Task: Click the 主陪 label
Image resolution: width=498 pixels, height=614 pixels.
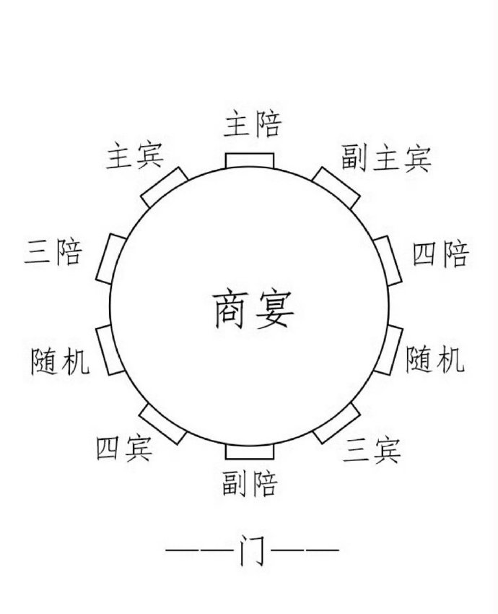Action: point(253,124)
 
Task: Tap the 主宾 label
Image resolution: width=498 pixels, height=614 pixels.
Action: point(135,155)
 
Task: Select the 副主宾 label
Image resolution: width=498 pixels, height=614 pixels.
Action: point(386,158)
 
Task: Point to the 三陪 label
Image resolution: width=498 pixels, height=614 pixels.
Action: point(53,251)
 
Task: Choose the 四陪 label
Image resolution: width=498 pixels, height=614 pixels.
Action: point(441,254)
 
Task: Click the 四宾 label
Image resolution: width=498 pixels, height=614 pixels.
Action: point(124,448)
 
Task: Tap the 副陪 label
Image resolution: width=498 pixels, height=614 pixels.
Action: point(250,483)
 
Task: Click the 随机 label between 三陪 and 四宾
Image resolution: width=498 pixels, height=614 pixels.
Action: point(60,360)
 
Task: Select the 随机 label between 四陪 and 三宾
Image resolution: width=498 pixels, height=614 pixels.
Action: point(435,359)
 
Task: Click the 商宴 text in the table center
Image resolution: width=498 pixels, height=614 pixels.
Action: point(254,310)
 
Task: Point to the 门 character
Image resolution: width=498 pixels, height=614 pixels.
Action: point(253,550)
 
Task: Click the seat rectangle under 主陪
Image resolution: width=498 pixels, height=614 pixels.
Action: point(250,160)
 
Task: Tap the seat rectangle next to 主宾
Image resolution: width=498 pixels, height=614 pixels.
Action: point(165,188)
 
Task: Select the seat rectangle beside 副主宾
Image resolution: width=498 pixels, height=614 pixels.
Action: point(336,188)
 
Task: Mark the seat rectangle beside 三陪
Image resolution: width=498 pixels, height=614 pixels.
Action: point(111,259)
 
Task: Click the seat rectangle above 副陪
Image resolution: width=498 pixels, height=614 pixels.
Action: point(250,451)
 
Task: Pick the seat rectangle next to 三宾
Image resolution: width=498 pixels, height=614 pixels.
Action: point(336,423)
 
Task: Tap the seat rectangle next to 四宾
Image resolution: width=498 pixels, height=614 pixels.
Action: point(162,424)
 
